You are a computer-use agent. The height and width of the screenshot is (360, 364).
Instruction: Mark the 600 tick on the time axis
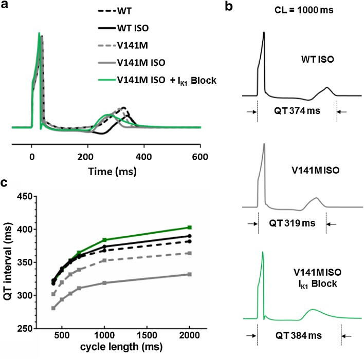(200, 145)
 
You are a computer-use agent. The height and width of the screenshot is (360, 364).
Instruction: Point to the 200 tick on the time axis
(88, 145)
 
